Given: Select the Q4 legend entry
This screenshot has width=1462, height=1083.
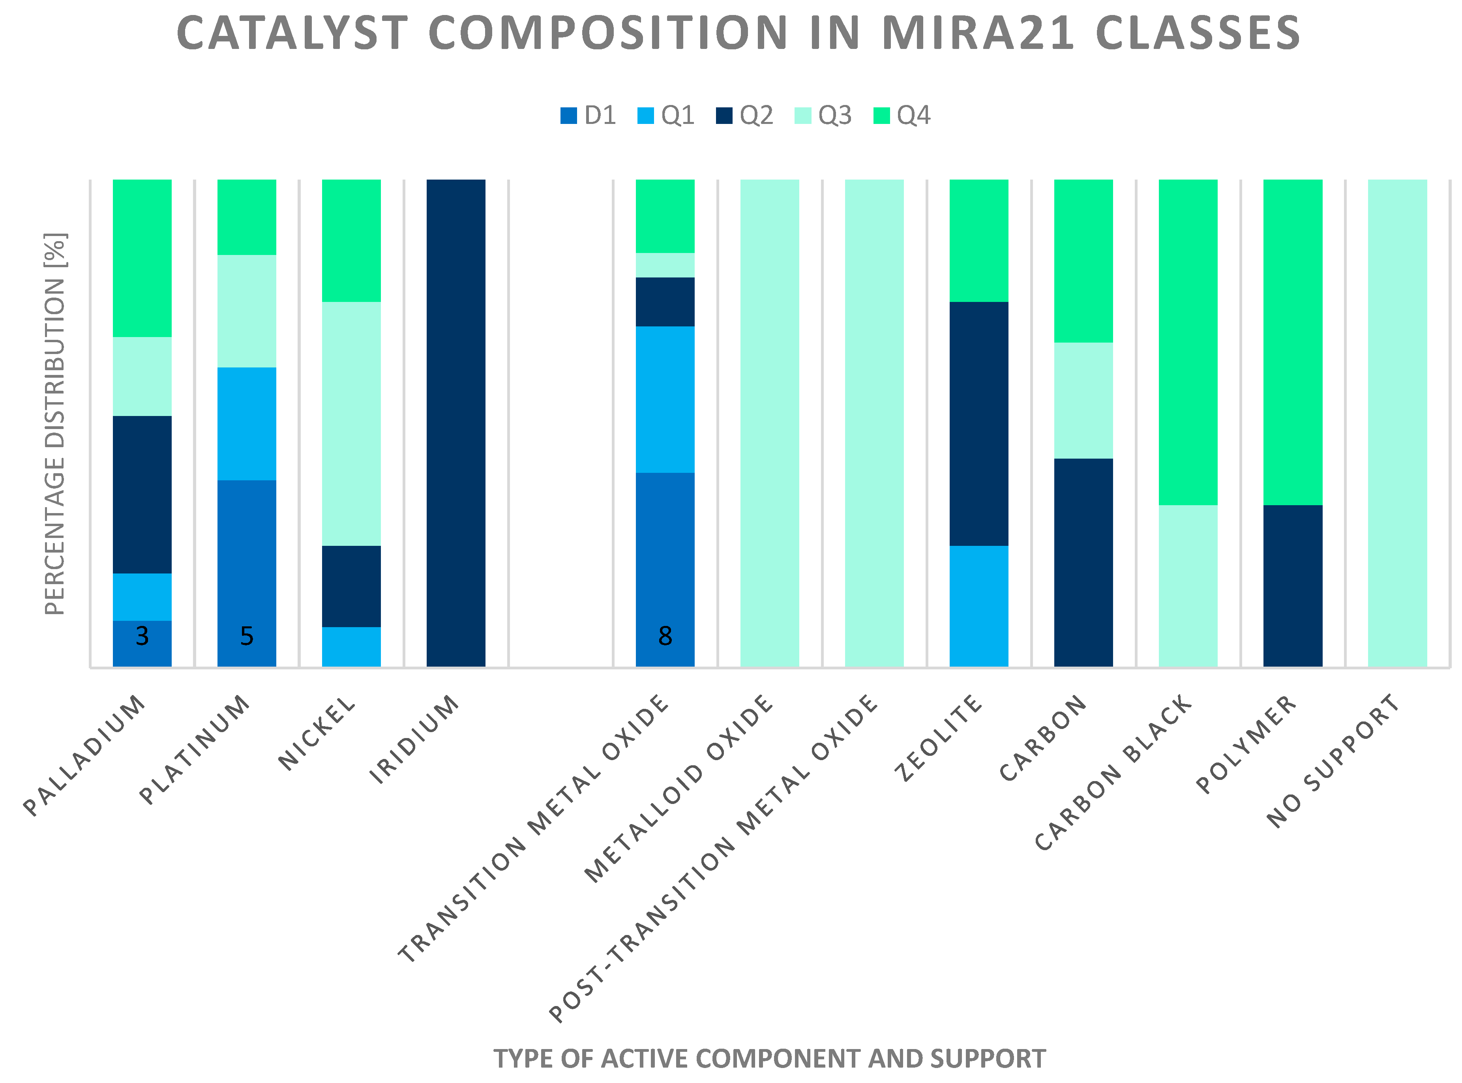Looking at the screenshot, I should pos(902,115).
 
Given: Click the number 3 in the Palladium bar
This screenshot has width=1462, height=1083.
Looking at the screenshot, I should pos(142,636).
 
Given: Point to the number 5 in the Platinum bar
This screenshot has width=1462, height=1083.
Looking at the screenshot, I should pos(247,636).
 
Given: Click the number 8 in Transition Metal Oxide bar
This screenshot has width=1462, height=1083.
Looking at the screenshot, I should pos(665,636).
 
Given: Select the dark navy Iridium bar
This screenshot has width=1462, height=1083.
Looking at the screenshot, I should pos(455,423).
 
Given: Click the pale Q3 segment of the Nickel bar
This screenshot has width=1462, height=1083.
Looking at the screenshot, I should pos(351,423).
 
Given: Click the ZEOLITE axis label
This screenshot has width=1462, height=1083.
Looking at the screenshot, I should pos(939,738).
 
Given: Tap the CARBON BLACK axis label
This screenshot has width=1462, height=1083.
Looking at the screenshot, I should pos(1113,774).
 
